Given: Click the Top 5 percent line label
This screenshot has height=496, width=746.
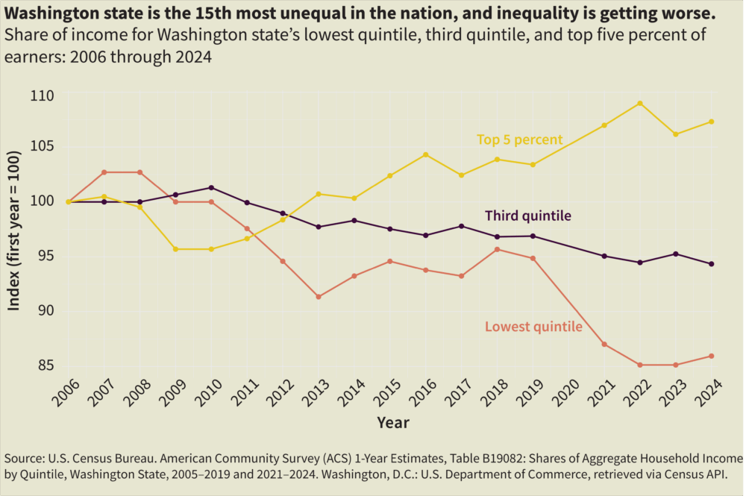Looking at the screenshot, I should (x=519, y=139).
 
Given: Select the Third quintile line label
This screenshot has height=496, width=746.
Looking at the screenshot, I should (x=527, y=216).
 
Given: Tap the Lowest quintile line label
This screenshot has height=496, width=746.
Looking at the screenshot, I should (x=533, y=327).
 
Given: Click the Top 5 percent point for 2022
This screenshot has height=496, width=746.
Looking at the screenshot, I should (x=639, y=104).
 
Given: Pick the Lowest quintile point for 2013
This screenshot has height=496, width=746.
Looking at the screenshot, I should (x=319, y=297).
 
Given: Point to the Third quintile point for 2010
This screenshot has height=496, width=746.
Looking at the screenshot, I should (x=211, y=188).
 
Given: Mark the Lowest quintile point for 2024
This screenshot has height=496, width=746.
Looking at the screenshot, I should (x=711, y=356).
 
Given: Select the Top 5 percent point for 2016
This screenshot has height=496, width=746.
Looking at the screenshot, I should (x=425, y=154).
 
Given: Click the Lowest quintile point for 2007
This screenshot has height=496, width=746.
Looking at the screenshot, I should (x=104, y=172).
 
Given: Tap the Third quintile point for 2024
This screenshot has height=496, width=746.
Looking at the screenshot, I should (x=711, y=264).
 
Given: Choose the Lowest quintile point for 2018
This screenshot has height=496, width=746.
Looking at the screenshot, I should (x=497, y=249).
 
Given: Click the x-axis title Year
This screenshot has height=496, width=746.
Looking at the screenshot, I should (x=392, y=423).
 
